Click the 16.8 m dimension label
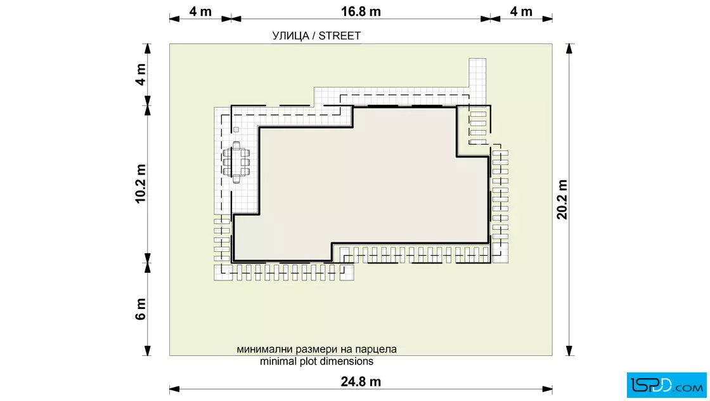pos(361,11)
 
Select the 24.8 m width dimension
pos(361,381)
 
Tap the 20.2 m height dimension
pos(562,199)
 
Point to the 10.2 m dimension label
pos(140,183)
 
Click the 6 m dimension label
pos(140,309)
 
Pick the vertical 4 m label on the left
pos(140,74)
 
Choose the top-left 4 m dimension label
pos(200,11)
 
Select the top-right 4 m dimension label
pos(521,11)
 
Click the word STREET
pos(340,36)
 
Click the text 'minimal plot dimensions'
pos(316,361)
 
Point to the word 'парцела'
pos(376,350)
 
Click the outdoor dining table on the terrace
pos(236,162)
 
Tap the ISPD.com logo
pos(666,385)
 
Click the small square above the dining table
pos(236,129)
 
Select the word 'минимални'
pos(264,350)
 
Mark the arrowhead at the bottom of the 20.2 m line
pos(569,350)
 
